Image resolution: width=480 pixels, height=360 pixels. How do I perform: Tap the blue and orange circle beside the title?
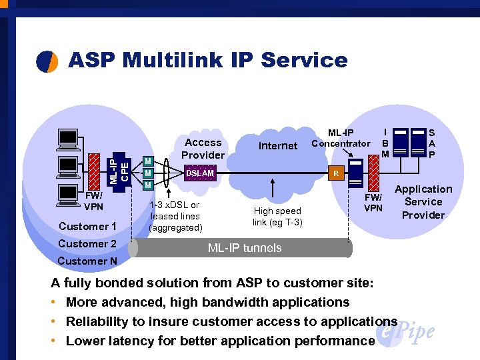tap(47, 61)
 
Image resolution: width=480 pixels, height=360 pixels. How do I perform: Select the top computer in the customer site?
tap(69, 138)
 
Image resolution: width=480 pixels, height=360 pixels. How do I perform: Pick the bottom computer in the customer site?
tap(69, 192)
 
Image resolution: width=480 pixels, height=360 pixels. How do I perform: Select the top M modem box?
tap(149, 161)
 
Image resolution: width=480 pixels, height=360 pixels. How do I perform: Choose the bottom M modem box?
tap(149, 185)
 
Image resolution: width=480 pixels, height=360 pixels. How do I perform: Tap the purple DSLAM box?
tap(200, 173)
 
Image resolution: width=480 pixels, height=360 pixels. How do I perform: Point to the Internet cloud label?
tap(277, 145)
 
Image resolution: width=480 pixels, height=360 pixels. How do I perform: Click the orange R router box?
tap(336, 173)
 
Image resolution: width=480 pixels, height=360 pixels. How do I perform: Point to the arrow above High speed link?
tap(273, 188)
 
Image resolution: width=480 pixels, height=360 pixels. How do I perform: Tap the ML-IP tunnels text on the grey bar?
tap(245, 248)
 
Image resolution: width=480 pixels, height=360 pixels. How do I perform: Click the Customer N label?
tap(87, 261)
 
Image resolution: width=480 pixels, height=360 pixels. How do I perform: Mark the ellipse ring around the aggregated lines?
tap(175, 173)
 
